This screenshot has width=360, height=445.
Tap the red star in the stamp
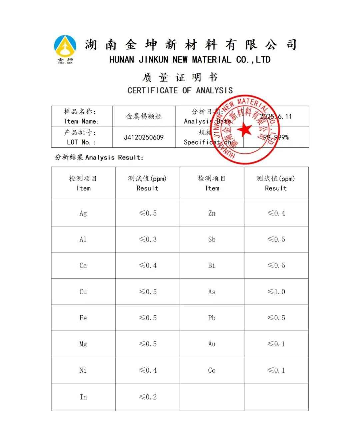pos(245,129)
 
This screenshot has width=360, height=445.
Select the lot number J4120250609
pos(144,137)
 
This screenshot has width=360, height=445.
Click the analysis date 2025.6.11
pos(276,116)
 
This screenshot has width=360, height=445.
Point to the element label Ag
pos(83,213)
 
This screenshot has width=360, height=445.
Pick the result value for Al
pos(148,239)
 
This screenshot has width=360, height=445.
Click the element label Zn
pos(212,213)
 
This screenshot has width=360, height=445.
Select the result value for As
pos(276,292)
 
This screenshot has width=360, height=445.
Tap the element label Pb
pos(212,318)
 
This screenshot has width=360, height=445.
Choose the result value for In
pos(148,397)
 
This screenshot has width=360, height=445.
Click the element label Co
pos(212,370)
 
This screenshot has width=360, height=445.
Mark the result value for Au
pos(276,344)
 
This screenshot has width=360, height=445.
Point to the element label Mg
pos(83,344)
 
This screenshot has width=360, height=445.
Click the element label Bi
pos(212,266)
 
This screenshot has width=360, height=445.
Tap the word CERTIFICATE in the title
pos(153,90)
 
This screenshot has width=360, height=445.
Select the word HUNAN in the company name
pos(122,60)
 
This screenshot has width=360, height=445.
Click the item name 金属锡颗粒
pos(144,116)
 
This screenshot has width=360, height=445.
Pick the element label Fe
pos(83,318)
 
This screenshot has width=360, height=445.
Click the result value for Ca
pos(148,266)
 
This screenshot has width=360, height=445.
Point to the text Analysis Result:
pos(114,157)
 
